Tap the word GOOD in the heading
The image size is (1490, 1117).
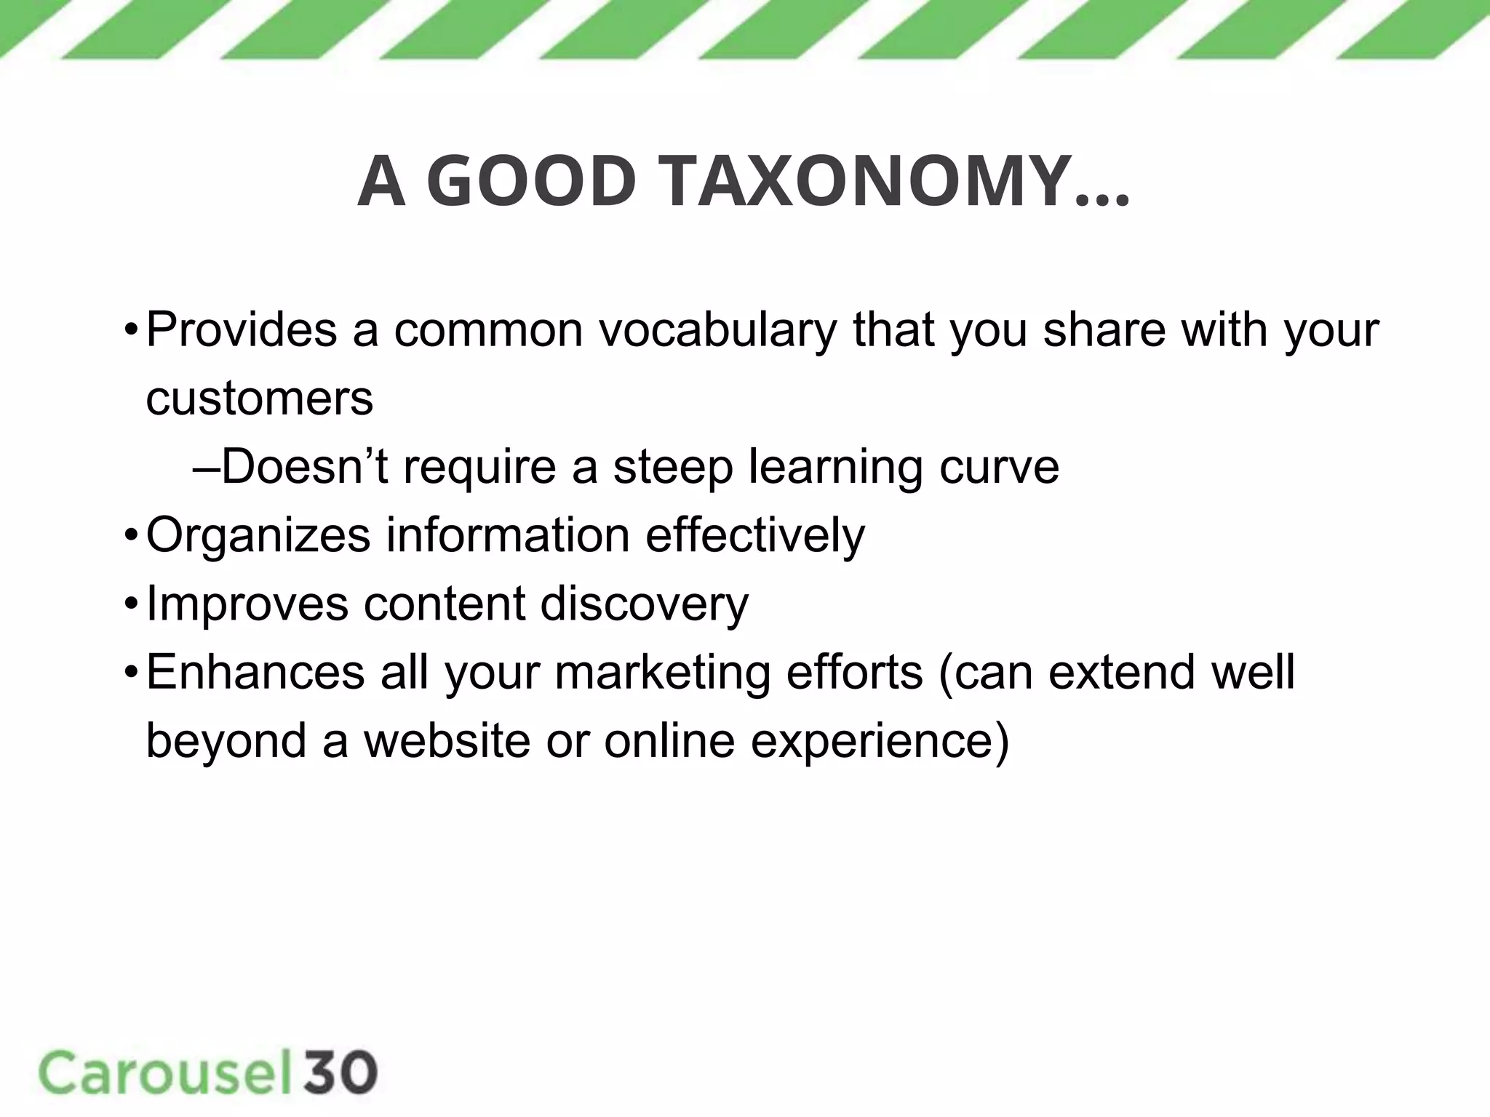531,182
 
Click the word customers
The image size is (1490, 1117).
260,399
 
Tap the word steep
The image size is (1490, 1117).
673,468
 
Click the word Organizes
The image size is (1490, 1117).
258,536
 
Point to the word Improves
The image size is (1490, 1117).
247,605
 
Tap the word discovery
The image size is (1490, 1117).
644,605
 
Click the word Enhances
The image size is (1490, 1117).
255,672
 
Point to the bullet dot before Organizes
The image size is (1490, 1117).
130,537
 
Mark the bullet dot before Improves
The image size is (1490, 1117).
130,605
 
